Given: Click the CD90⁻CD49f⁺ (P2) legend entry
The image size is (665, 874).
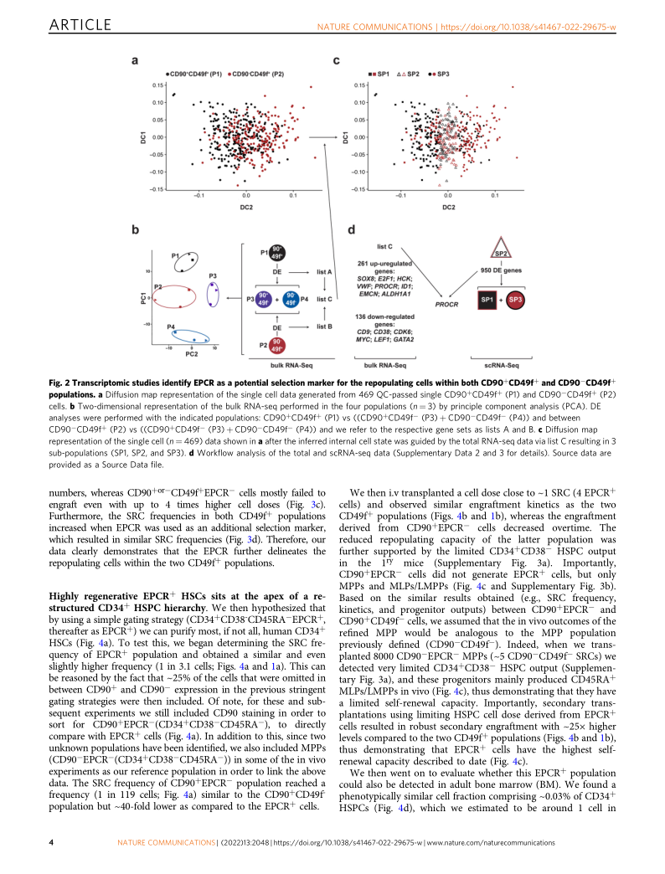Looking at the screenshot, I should [x=260, y=75].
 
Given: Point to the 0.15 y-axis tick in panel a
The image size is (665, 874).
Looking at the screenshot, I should [x=158, y=85].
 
